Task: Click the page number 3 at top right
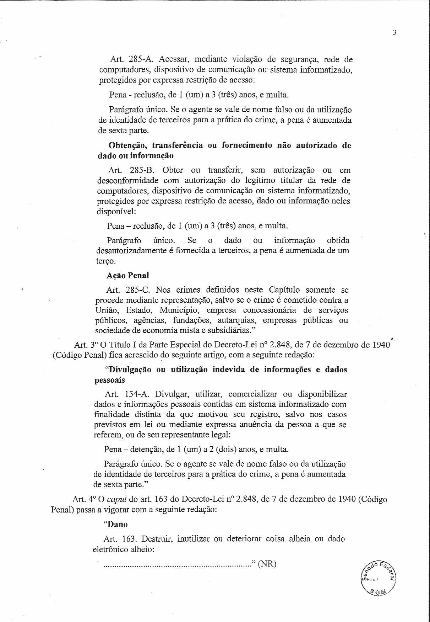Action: point(394,33)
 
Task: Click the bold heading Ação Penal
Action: point(127,275)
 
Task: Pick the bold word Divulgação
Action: point(130,370)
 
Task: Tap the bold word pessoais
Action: point(109,380)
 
